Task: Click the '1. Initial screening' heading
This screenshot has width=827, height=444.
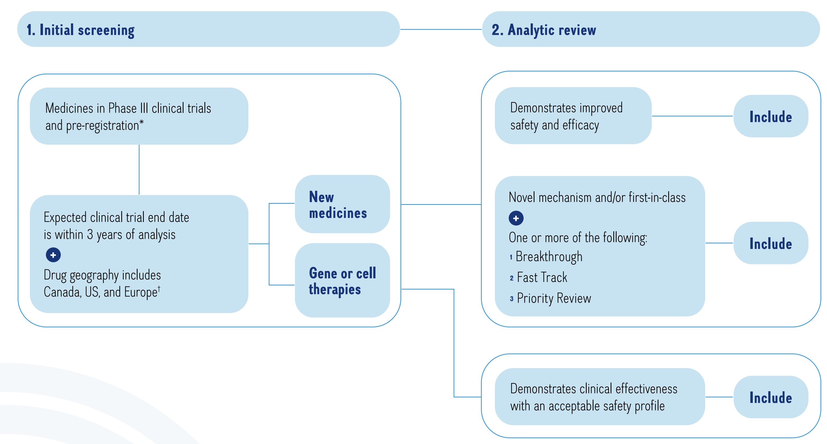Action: [80, 30]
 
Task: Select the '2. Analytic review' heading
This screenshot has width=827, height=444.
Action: [543, 30]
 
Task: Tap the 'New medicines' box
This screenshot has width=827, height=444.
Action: [342, 204]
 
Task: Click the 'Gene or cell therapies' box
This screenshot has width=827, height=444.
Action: [342, 280]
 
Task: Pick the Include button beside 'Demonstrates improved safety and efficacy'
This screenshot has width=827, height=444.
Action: [770, 116]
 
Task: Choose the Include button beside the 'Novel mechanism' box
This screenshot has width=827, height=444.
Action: [770, 243]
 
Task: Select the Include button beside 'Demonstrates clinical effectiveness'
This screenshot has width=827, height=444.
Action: [770, 397]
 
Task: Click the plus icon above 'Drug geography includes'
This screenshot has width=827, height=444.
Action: [53, 255]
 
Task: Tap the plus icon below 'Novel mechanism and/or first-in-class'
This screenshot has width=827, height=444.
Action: [516, 218]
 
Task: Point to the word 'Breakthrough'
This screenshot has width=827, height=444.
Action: [549, 257]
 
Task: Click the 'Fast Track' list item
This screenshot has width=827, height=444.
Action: [542, 277]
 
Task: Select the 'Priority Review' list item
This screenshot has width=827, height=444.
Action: [554, 298]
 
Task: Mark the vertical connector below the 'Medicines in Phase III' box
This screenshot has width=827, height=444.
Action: [139, 170]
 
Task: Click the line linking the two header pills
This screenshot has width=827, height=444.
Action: [441, 30]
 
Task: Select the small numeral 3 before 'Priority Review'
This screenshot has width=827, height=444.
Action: [511, 299]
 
